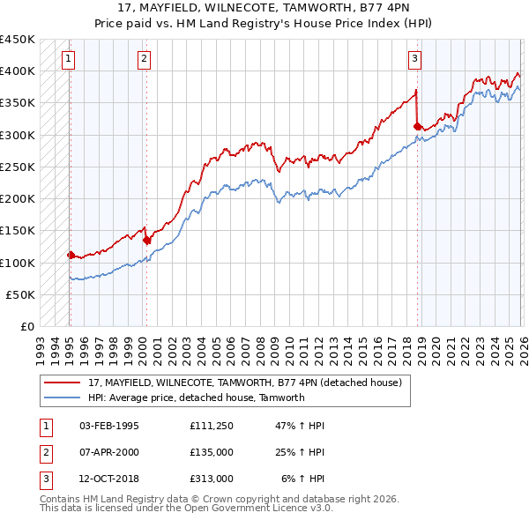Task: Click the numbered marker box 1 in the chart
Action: [x=69, y=59]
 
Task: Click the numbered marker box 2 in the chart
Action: [x=144, y=59]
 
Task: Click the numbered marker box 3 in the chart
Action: [x=414, y=59]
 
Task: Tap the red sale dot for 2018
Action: [x=417, y=126]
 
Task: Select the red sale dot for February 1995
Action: [x=71, y=255]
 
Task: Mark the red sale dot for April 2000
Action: [x=146, y=240]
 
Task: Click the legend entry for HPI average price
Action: [x=196, y=397]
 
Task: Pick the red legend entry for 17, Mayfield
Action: [x=245, y=383]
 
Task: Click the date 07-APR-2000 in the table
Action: [x=108, y=452]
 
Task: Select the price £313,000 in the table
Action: [x=211, y=479]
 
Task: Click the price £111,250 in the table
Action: [x=211, y=426]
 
